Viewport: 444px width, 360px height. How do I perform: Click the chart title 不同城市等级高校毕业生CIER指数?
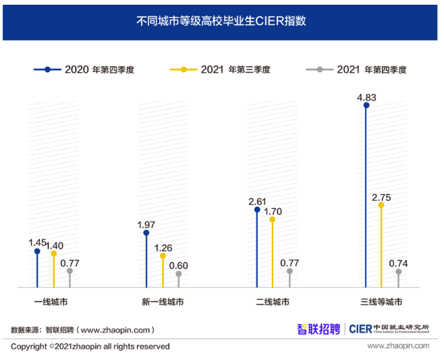click(221, 21)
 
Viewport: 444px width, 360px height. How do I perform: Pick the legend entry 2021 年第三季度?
click(225, 69)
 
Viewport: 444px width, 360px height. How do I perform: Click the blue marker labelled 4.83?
click(366, 105)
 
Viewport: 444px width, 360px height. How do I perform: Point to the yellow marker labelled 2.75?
click(382, 206)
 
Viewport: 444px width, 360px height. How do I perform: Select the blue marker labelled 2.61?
click(256, 210)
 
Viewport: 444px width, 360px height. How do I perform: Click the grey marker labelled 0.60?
click(179, 274)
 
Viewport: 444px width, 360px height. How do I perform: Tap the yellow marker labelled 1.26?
click(163, 256)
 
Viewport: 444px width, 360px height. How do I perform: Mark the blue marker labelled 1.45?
click(37, 251)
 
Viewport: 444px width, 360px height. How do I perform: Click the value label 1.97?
click(146, 224)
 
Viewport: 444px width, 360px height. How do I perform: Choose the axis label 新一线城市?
click(163, 302)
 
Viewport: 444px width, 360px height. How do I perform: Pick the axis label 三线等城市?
click(382, 302)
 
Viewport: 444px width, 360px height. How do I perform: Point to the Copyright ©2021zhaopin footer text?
click(90, 347)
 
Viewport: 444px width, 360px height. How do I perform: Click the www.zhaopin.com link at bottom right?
click(398, 346)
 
